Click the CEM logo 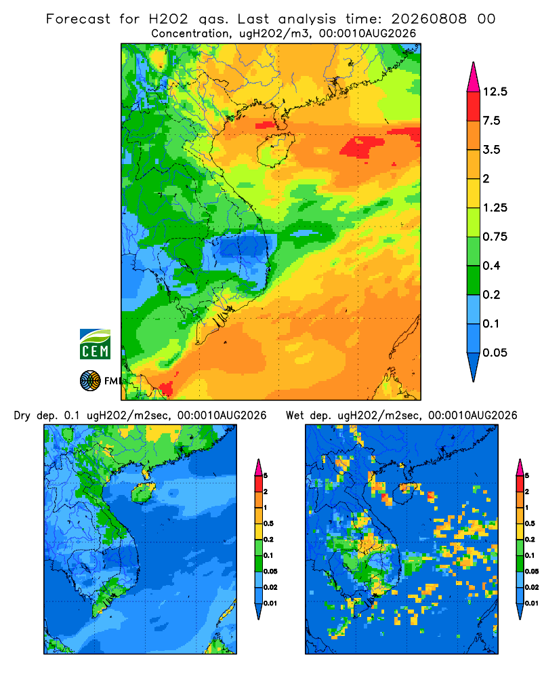point(95,344)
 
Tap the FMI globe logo point(90,381)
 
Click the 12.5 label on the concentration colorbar point(495,92)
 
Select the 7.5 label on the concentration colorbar point(492,121)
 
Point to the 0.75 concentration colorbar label point(495,237)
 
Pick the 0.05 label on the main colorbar point(495,353)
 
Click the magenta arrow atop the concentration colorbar point(474,77)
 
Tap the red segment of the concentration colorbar point(474,106)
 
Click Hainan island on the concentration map point(275,150)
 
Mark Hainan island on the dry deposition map point(144,493)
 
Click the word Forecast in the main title point(78,19)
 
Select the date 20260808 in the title point(429,19)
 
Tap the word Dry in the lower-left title point(22,416)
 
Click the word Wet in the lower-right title point(296,416)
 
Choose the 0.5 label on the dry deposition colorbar point(268,523)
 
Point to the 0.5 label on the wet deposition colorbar point(530,523)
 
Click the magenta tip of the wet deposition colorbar point(520,467)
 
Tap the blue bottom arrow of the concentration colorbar point(474,367)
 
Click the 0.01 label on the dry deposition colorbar point(270,603)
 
